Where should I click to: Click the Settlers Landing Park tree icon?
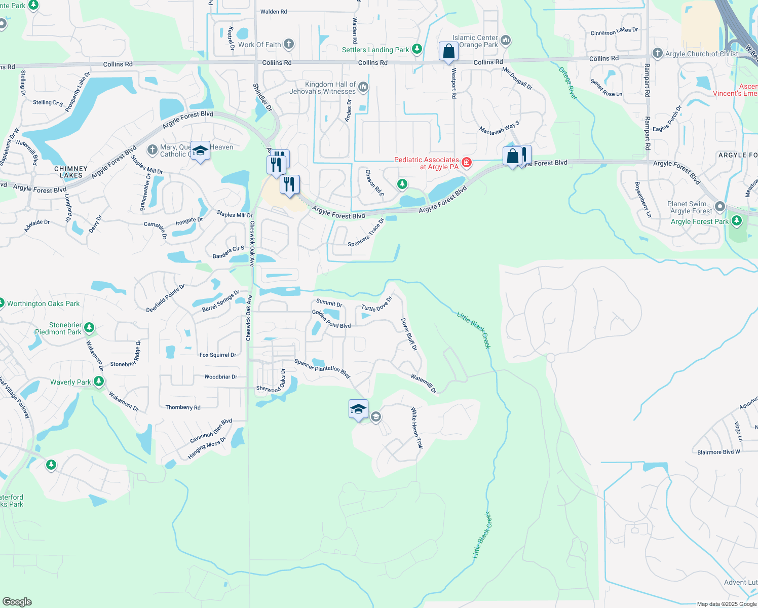point(417,49)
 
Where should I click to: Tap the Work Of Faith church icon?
point(288,44)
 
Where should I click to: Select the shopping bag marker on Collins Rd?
point(448,52)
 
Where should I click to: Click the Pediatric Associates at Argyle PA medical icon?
point(467,163)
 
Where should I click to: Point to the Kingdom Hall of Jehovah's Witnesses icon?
point(363,88)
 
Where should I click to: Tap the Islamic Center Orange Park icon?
point(505,40)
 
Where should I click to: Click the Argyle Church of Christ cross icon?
point(657,53)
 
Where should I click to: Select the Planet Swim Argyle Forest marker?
point(720,207)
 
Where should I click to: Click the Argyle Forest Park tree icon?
point(737,221)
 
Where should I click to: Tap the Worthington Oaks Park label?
point(43,303)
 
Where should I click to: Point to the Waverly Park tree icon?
point(99,382)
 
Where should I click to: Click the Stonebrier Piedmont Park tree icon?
point(89,328)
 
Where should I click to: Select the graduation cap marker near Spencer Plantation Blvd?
point(358,409)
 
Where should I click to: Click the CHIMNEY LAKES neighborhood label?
point(71,172)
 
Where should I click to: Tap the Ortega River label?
point(568,83)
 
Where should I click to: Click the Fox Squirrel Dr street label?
point(217,355)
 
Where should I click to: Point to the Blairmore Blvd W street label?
point(718,452)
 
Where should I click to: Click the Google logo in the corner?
point(17,601)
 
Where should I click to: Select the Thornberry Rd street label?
point(183,407)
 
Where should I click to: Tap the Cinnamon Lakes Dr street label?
point(614,31)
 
